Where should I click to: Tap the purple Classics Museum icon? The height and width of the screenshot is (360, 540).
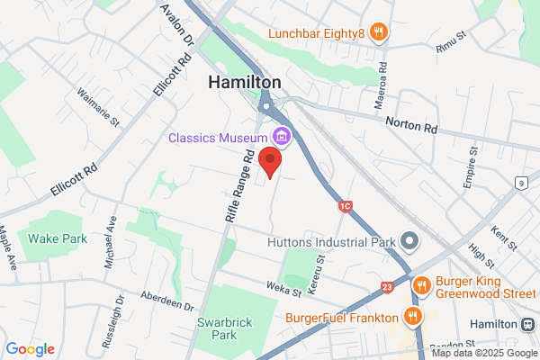282,137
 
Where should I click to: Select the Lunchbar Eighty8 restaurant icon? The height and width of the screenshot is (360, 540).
379,33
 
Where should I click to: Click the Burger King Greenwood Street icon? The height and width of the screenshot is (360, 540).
420,286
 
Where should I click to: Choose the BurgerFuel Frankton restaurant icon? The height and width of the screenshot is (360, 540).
412,317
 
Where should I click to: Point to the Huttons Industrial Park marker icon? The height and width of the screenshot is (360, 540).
410,241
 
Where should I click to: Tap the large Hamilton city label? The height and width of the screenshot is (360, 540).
244,82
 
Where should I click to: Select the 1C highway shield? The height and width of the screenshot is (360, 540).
345,207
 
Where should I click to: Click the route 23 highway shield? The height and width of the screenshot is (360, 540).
387,286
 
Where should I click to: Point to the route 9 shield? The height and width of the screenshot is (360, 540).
521,184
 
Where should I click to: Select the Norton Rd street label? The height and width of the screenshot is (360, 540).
410,121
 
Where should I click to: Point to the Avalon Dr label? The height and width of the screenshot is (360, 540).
176,24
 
